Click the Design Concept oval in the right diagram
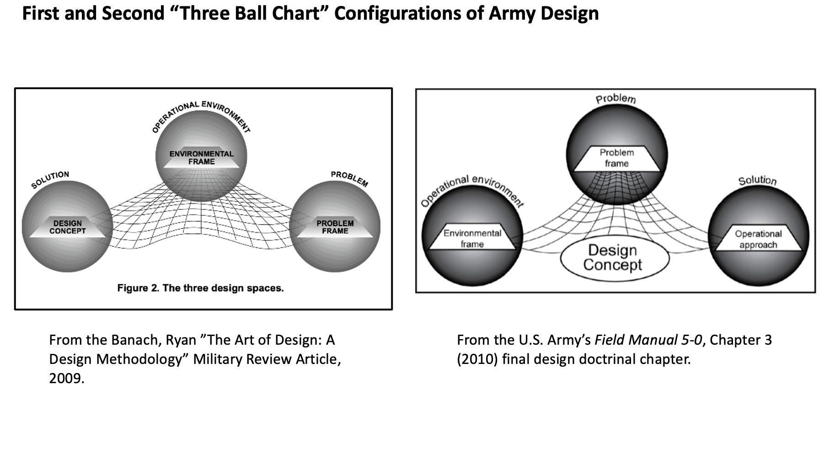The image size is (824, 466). pyautogui.click(x=615, y=258)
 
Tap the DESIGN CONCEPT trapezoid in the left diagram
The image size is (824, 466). pyautogui.click(x=68, y=227)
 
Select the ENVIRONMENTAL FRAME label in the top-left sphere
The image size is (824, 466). pyautogui.click(x=201, y=158)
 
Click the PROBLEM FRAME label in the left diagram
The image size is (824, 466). pyautogui.click(x=335, y=227)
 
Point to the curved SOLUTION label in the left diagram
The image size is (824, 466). pyautogui.click(x=50, y=179)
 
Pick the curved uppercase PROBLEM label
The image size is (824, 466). pyautogui.click(x=349, y=179)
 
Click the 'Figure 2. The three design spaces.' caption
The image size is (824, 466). pyautogui.click(x=200, y=288)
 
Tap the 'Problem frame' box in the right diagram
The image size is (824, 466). pyautogui.click(x=617, y=158)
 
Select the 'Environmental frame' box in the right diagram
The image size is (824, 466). pyautogui.click(x=472, y=238)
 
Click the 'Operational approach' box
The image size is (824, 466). pyautogui.click(x=758, y=239)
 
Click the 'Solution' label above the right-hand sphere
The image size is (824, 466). pyautogui.click(x=758, y=180)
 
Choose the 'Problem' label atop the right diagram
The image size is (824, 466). pyautogui.click(x=616, y=99)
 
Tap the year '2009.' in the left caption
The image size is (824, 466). pyautogui.click(x=67, y=379)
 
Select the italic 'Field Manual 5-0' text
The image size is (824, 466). pyautogui.click(x=648, y=340)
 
